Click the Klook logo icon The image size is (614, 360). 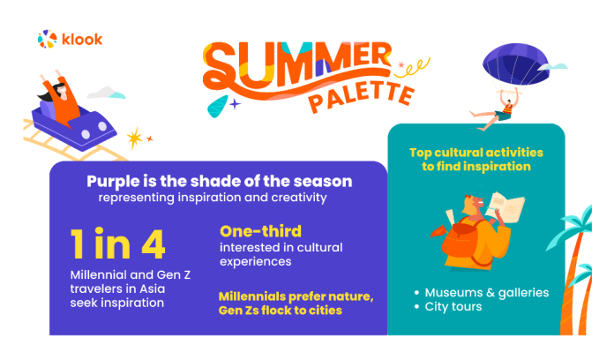(47, 39)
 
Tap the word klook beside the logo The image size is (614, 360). (82, 39)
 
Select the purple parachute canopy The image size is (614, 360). (515, 64)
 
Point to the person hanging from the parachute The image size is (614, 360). (498, 113)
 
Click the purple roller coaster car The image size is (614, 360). (74, 126)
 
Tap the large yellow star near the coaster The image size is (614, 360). (135, 138)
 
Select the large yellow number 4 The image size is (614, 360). (153, 244)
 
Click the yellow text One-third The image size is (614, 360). (261, 231)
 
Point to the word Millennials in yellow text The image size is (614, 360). (252, 296)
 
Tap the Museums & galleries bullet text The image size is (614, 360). (487, 293)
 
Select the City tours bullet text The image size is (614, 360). (453, 306)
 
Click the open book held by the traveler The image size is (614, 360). (505, 206)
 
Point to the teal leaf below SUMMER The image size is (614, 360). (218, 106)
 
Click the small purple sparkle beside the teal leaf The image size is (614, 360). (235, 104)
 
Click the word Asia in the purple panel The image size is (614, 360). (153, 289)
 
